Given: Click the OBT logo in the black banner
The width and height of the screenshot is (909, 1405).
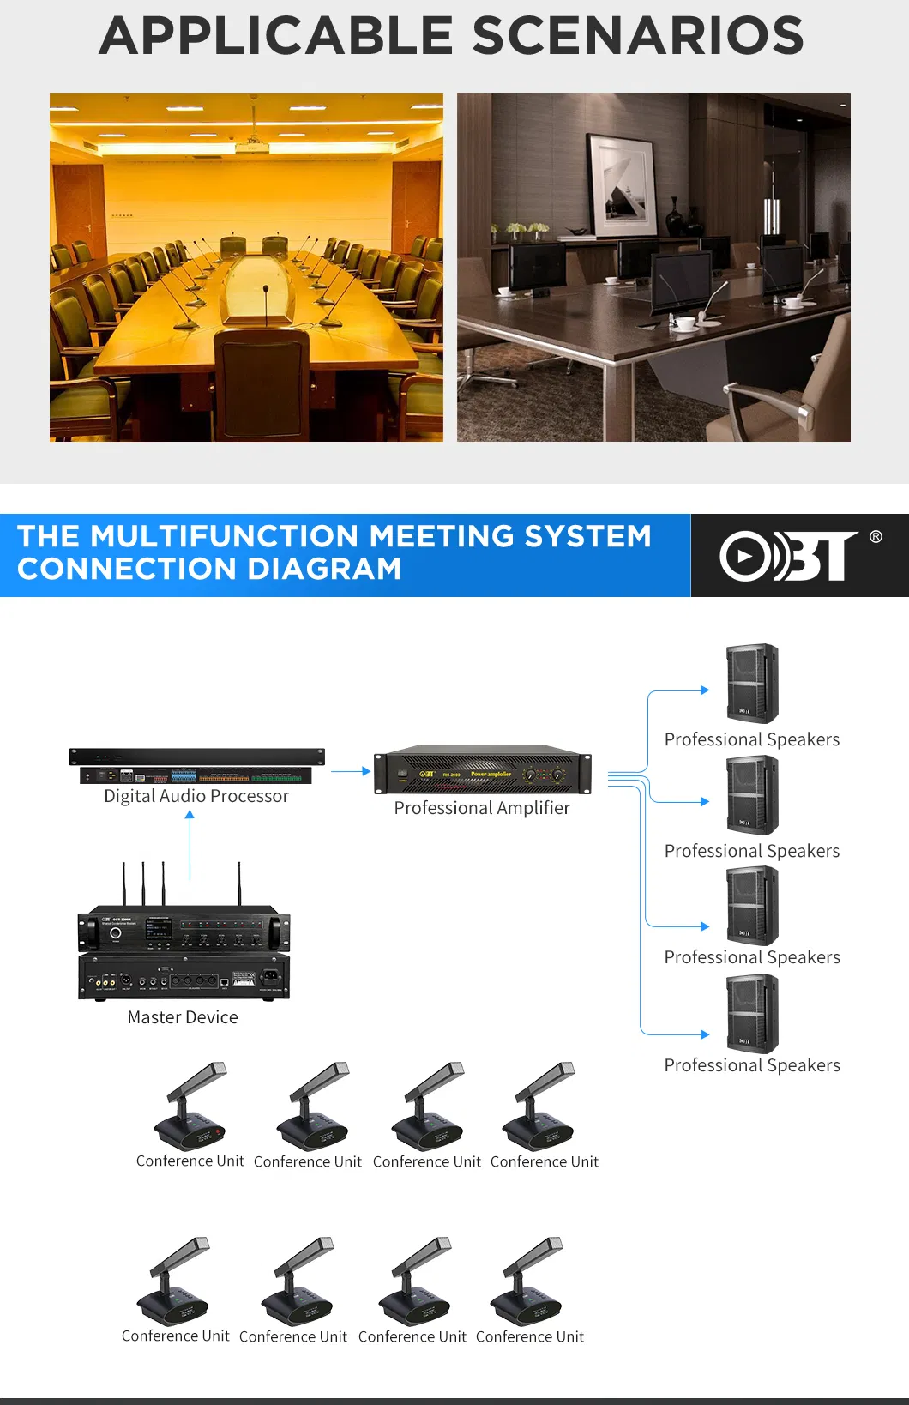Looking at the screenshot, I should coord(788,556).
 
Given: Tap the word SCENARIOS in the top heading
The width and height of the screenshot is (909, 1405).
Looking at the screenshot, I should coord(637,36).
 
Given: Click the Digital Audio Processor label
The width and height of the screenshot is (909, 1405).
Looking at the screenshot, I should coord(196,796).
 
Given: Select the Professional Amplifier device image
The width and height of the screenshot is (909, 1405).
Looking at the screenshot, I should coord(482,770).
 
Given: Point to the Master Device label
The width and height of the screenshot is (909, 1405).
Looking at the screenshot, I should coord(183,1017).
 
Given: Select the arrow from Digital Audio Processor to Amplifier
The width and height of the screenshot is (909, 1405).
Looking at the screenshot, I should coord(350,771).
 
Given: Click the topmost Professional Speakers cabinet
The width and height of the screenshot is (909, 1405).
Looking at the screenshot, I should coord(752,684).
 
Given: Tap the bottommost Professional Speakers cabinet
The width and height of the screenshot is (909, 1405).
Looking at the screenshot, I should coord(752,1015).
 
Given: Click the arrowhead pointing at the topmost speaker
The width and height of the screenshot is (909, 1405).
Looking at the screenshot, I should coord(705,690).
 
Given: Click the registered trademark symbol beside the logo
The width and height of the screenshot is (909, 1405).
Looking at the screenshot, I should coord(876,537).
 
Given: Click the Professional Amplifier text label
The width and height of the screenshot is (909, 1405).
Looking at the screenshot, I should coord(482,808).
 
